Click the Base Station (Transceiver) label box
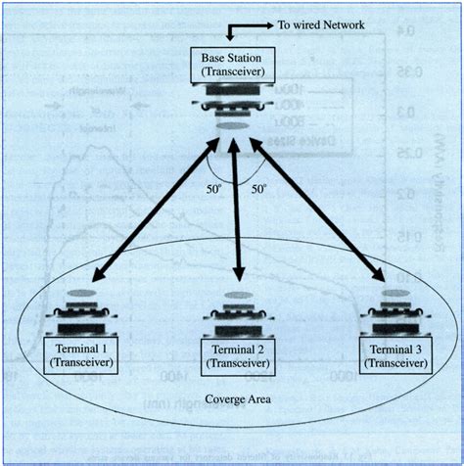234,64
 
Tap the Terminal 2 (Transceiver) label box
234,355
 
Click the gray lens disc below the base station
234,127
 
